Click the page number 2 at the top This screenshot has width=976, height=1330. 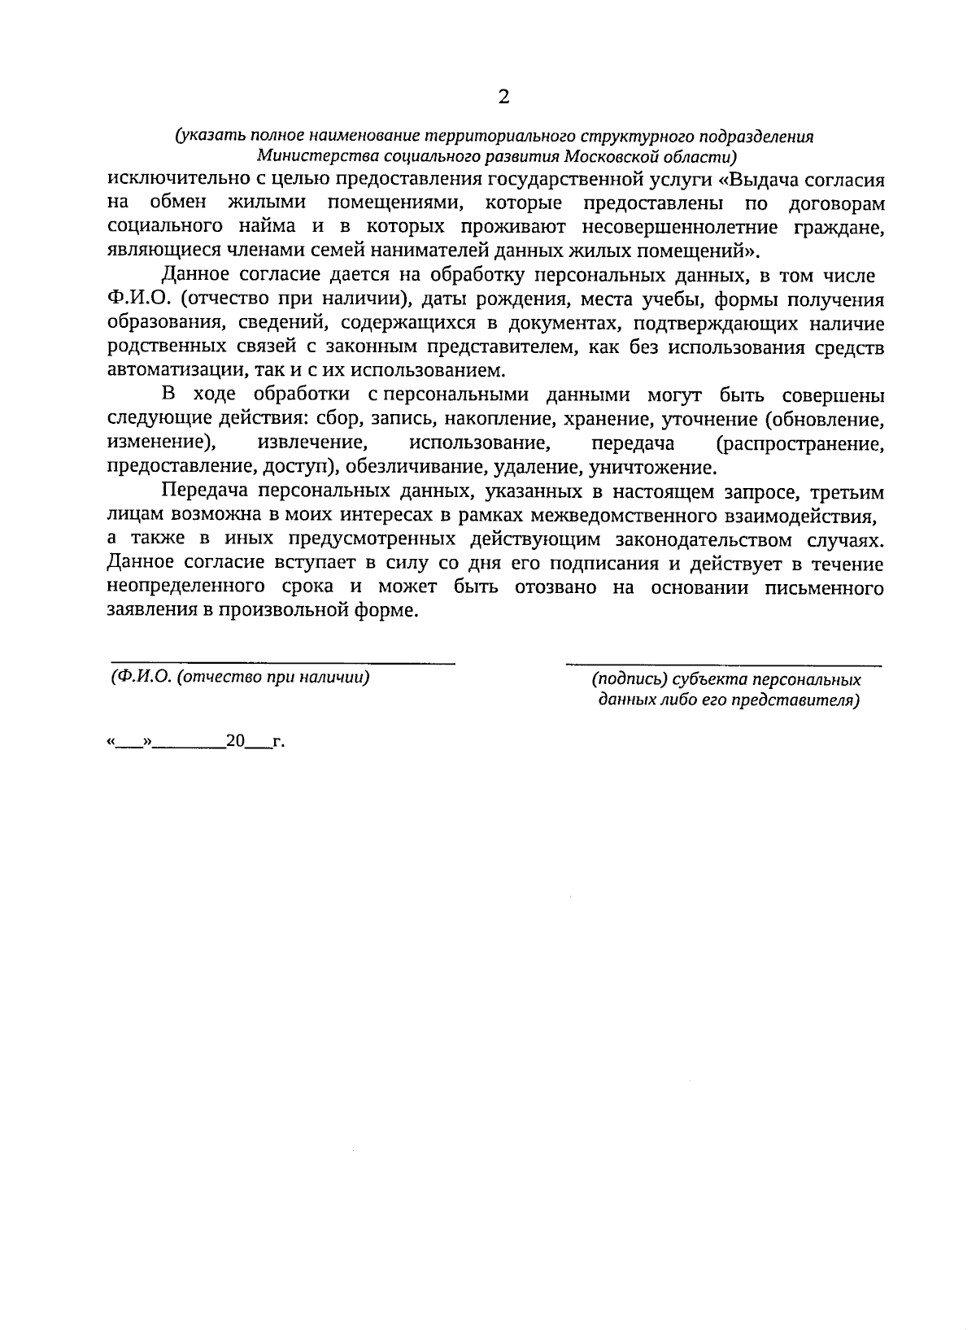[x=503, y=98]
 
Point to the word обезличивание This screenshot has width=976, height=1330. [x=418, y=469]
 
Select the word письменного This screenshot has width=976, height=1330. [x=825, y=588]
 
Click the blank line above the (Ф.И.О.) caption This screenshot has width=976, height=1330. [x=282, y=663]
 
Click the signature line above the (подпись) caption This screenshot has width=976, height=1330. [x=723, y=666]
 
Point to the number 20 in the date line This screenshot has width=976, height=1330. [x=235, y=742]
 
